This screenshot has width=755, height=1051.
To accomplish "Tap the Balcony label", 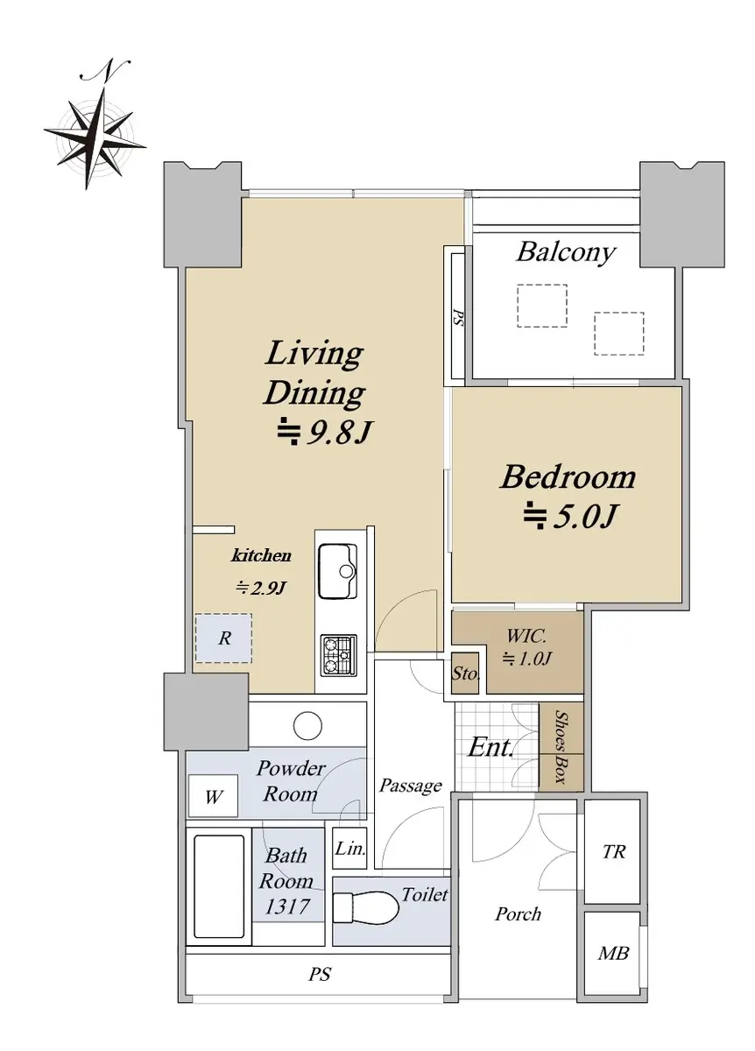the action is tap(566, 252).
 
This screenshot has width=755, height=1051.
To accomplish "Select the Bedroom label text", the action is tap(568, 476).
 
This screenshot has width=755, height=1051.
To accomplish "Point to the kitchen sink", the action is tap(337, 570).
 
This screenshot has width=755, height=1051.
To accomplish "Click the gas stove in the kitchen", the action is tap(339, 655).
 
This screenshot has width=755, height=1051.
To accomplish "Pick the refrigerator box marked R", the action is tap(223, 638).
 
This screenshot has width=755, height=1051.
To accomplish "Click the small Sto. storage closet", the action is tap(465, 673).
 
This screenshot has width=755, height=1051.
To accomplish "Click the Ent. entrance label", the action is tap(490, 746).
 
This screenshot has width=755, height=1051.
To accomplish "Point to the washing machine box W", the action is tap(213, 796).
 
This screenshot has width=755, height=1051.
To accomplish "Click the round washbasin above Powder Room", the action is tap(307, 725).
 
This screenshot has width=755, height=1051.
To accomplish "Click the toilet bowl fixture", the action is tap(365, 906).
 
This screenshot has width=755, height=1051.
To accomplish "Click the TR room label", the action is tap(614, 851).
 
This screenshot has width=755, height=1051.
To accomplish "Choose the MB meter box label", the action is tap(613, 953).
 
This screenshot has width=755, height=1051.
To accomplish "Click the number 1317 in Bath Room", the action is tap(287, 906).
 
